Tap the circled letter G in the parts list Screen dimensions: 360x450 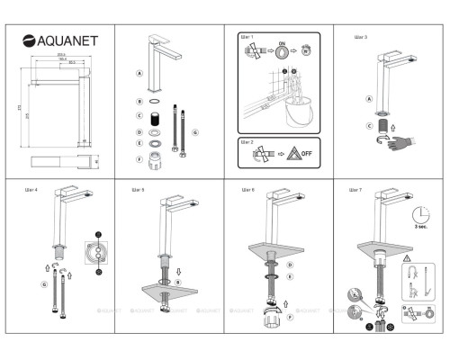195,131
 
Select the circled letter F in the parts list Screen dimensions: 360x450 139,158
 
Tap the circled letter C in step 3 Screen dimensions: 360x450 369,126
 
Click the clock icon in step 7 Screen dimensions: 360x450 418,217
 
